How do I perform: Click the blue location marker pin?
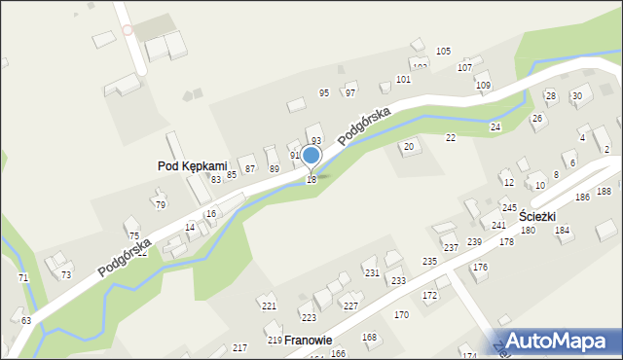311,157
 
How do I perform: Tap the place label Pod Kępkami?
192,166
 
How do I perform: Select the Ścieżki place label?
537,215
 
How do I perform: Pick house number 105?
443,51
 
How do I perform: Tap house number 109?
483,86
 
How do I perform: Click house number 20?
409,147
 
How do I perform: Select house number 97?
350,93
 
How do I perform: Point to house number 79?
160,204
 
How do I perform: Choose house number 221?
270,306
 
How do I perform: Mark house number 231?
372,273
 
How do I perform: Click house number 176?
480,267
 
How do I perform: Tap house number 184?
562,231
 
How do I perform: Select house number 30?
576,95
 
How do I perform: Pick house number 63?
25,320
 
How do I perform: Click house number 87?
250,169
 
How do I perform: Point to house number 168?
369,338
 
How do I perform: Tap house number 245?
509,208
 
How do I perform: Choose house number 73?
65,275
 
